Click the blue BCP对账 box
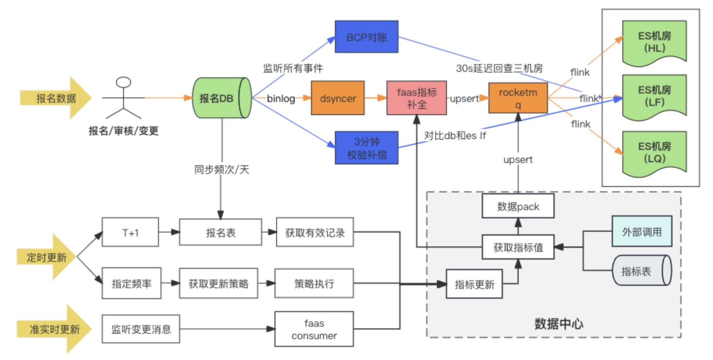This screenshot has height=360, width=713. pos(366,37)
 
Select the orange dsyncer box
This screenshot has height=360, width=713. pos(338,98)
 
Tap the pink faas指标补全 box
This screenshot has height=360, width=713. pos(416,98)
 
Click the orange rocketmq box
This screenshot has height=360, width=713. pos(518,98)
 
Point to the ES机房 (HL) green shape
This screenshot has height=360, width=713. pos(654,42)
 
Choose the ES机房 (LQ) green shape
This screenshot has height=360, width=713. pos(654,153)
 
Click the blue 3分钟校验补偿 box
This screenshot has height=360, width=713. pos(366,148)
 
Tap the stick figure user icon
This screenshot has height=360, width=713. pos(124,98)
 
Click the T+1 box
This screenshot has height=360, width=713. pos(130,232)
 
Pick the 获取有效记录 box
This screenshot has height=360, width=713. pos(314,232)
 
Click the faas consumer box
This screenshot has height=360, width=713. pos(314,329)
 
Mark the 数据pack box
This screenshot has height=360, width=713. pos(518,206)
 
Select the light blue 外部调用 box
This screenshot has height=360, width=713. pos(642,231)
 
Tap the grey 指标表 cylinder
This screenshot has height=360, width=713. pos(642,270)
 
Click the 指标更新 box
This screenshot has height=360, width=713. pos(474,284)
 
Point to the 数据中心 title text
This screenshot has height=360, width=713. pos(559,324)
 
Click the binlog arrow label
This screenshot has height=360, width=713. pos(281,98)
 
